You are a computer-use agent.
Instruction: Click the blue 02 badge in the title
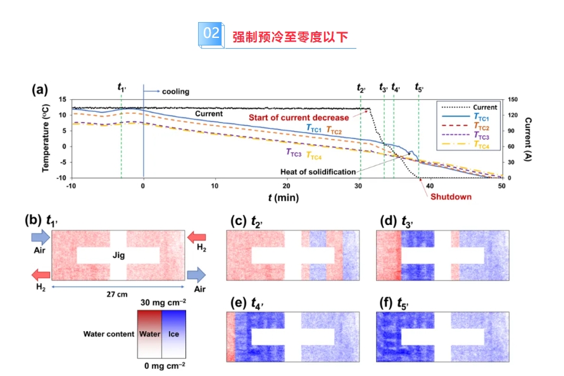click(210, 35)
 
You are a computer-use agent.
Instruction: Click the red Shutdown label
click(451, 197)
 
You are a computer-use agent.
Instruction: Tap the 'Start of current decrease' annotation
click(298, 118)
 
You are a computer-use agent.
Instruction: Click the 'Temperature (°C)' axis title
click(47, 138)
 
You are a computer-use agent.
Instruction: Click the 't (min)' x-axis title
click(282, 198)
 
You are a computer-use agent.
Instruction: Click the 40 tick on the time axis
click(430, 186)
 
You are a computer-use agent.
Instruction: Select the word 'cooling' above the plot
click(175, 92)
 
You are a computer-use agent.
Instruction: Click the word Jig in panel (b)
click(118, 255)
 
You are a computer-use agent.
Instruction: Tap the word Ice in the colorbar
click(174, 334)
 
